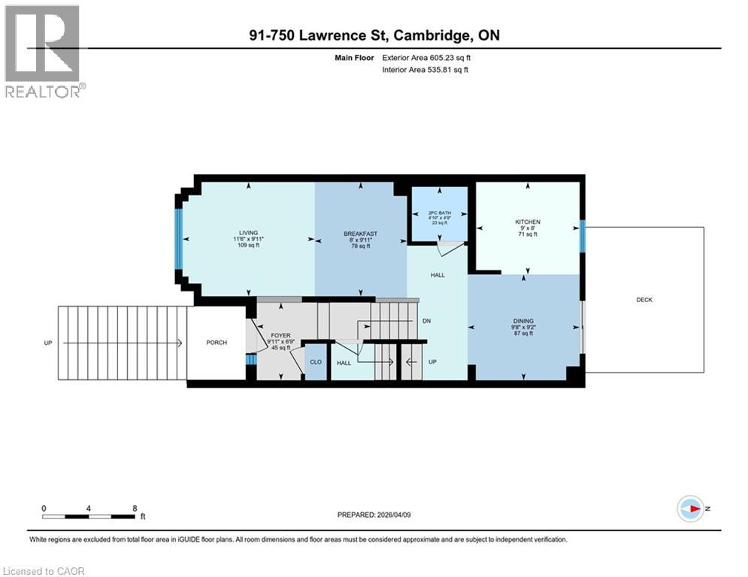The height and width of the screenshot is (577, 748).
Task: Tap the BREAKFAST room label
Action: point(360,234)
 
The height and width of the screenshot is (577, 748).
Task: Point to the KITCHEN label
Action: point(527,222)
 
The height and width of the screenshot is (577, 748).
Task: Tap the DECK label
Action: point(644,300)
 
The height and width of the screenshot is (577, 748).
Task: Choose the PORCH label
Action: point(217,343)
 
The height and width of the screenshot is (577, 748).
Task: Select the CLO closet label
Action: point(316,361)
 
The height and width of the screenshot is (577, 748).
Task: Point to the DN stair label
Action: point(426,321)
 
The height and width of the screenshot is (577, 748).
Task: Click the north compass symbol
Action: point(690,509)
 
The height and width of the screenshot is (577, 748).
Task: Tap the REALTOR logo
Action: point(44,51)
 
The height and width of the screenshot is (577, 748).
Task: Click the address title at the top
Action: point(374,35)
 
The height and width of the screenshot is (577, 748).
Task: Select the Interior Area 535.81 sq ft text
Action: point(425,70)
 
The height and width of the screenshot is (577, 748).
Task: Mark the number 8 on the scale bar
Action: point(135,508)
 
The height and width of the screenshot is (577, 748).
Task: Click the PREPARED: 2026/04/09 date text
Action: point(374,515)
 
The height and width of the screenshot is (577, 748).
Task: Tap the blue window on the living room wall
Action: point(179,239)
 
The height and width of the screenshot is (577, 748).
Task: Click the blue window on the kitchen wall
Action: point(583,236)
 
